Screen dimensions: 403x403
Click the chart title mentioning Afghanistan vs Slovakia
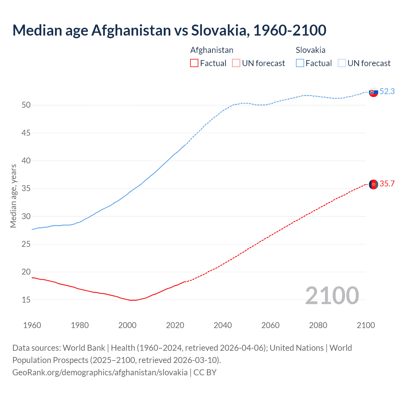(x=169, y=30)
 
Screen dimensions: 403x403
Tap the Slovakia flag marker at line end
(x=373, y=92)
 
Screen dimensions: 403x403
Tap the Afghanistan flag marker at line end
(x=373, y=184)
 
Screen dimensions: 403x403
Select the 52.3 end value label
(x=387, y=91)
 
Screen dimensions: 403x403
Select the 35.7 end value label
(x=387, y=184)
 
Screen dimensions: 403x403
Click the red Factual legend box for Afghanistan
(x=194, y=63)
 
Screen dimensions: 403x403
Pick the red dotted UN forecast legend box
(x=236, y=63)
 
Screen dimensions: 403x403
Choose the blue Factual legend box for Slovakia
(x=300, y=63)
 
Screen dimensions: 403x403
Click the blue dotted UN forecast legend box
(x=342, y=63)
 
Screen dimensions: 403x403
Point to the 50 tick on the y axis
(x=26, y=105)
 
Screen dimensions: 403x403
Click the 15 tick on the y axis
(x=26, y=300)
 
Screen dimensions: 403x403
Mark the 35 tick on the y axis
(x=26, y=189)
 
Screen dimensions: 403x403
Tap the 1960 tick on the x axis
(x=32, y=325)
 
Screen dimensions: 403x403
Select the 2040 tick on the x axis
(x=223, y=325)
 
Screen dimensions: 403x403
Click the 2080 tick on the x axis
(x=318, y=325)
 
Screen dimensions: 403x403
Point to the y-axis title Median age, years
(x=13, y=196)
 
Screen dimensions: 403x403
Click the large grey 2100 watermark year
(x=332, y=295)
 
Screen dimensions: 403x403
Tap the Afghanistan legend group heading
(x=212, y=50)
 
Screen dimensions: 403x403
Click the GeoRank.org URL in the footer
(x=100, y=372)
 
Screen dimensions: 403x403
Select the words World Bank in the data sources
(x=84, y=348)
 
